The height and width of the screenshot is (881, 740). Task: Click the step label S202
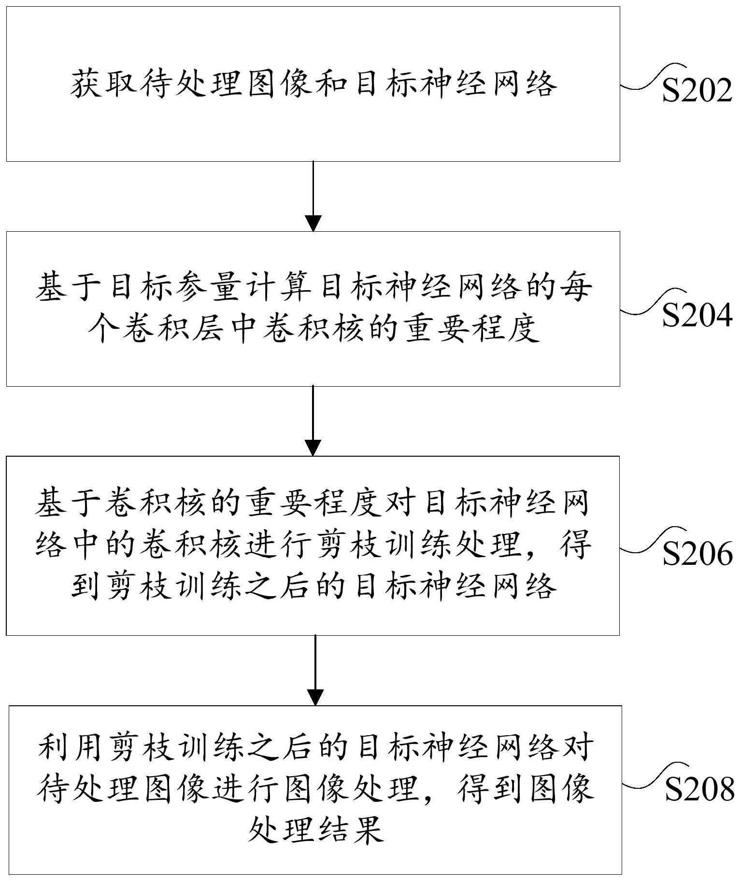click(x=697, y=90)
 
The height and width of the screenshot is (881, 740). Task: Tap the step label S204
click(x=697, y=316)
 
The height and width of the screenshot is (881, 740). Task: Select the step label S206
click(x=697, y=554)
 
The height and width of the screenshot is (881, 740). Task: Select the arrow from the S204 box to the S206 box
click(x=313, y=420)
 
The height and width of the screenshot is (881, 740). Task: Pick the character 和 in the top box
click(x=331, y=84)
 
